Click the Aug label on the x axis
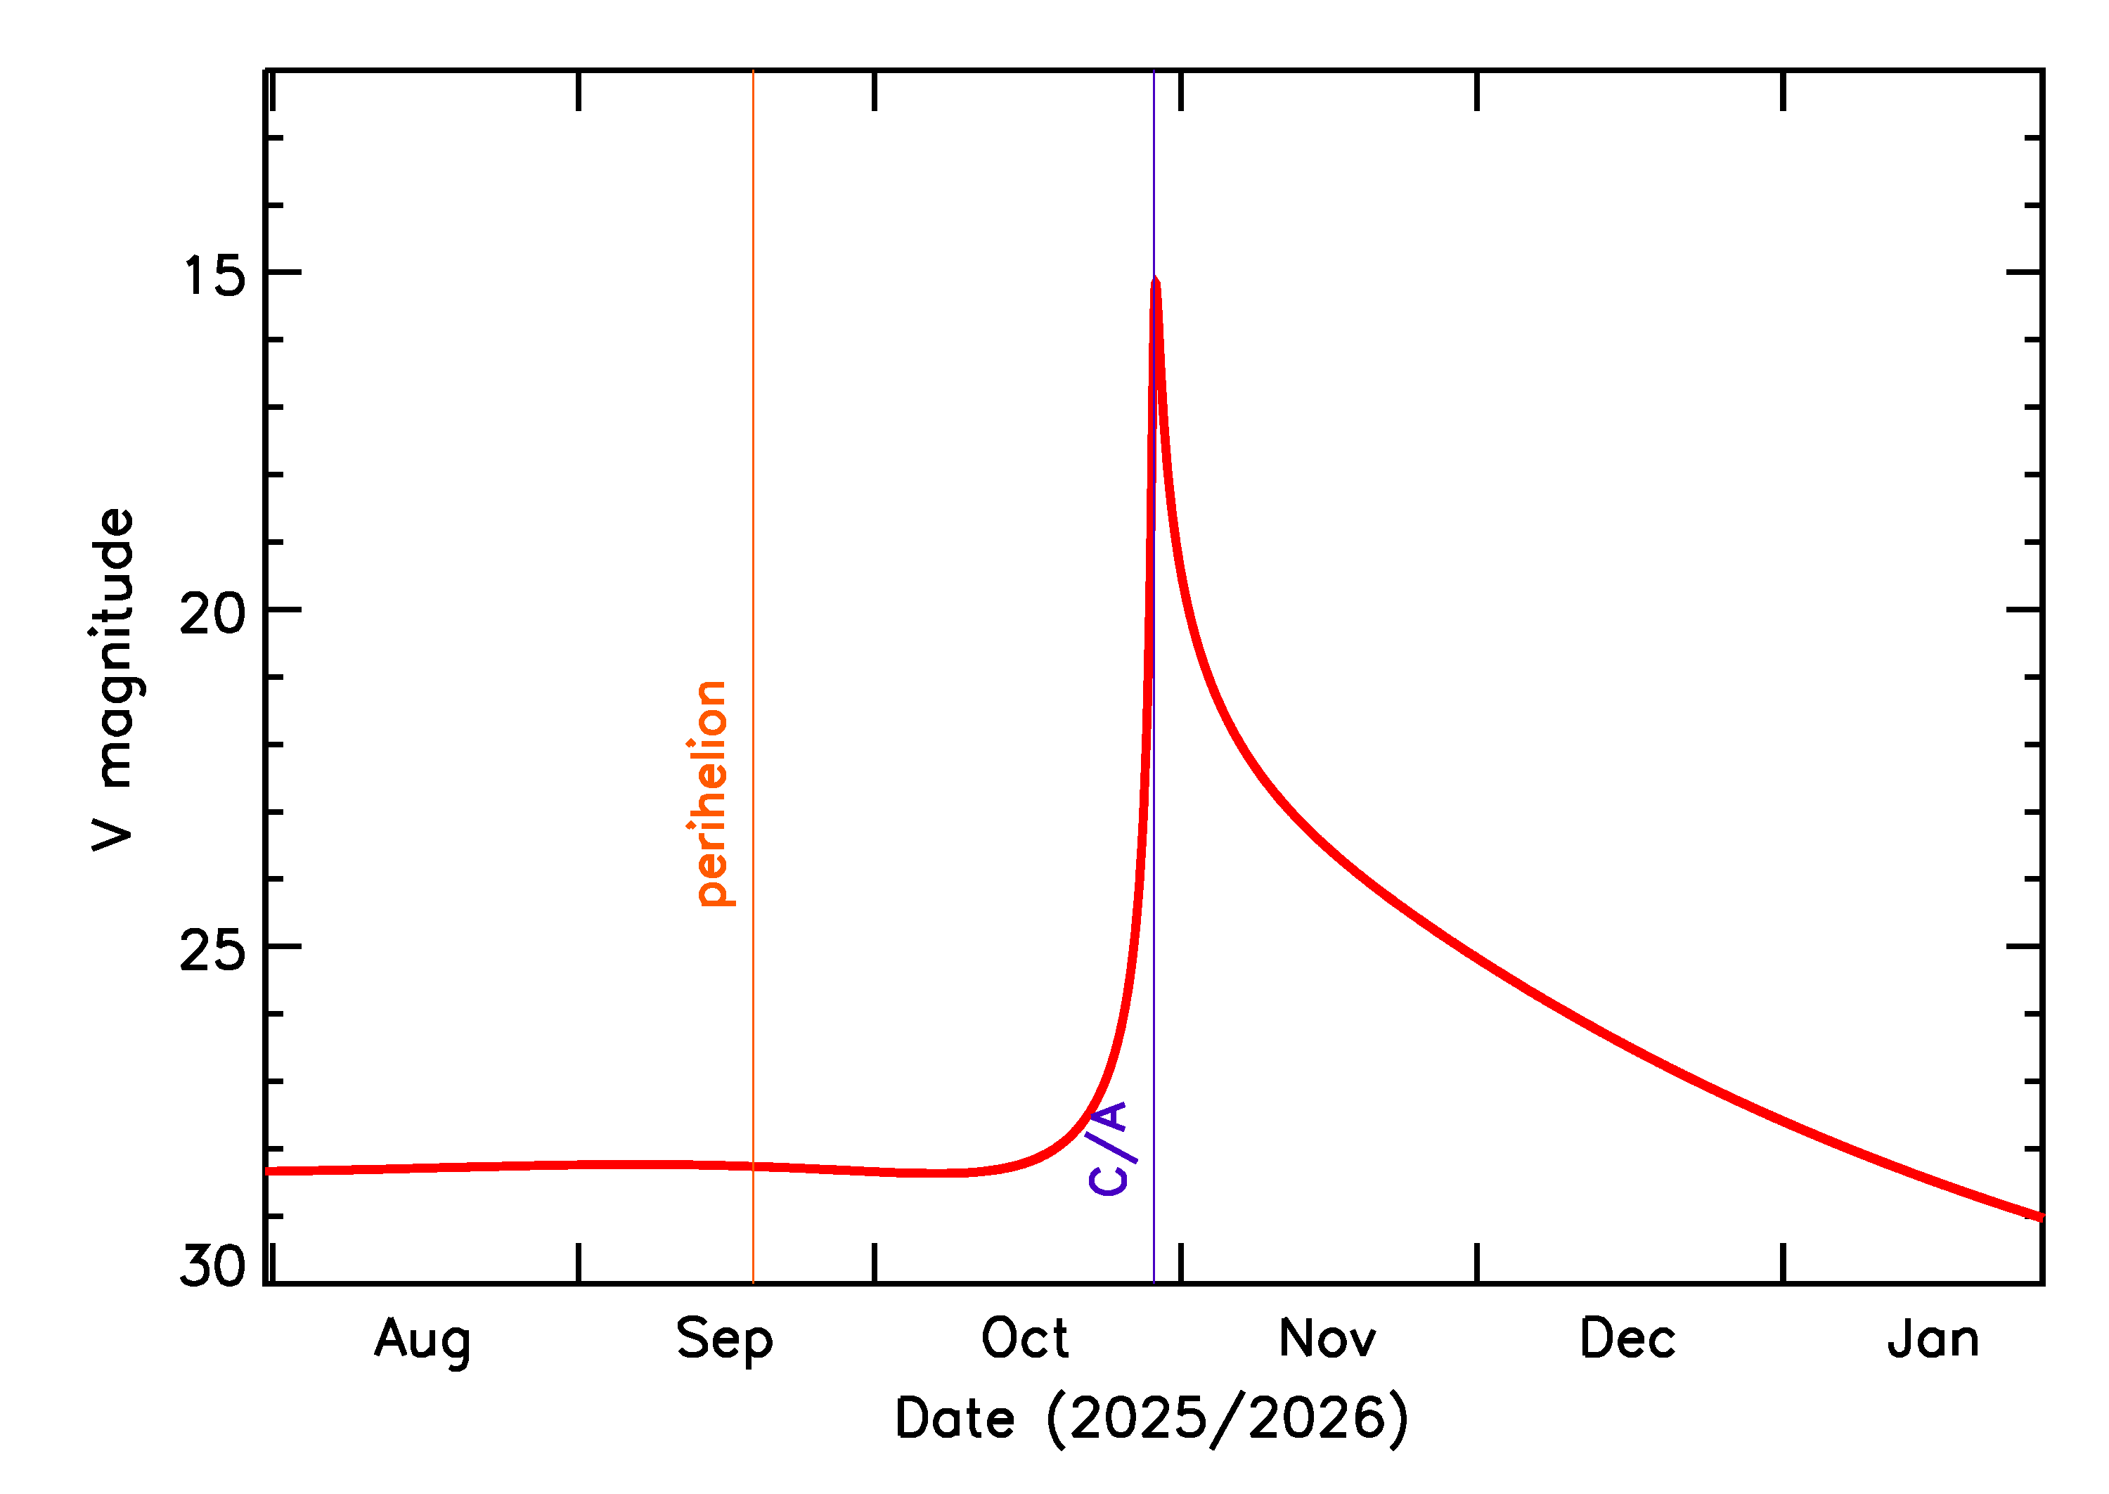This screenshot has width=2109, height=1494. (x=423, y=1339)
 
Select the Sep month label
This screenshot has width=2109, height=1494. (x=724, y=1339)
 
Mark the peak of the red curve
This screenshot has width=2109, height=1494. (x=1155, y=281)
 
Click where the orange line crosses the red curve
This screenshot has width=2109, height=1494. (x=754, y=1166)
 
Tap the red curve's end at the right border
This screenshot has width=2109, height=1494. (x=2040, y=1216)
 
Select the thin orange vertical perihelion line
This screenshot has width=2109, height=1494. (x=754, y=460)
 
